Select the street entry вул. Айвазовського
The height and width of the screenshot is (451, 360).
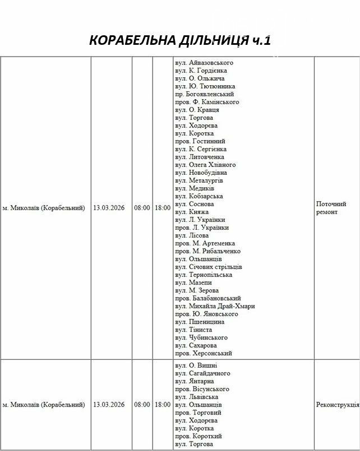(204, 63)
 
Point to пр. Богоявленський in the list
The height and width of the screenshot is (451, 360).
(204, 94)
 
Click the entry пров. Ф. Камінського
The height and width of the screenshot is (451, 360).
(207, 102)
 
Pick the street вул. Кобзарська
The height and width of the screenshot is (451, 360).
(199, 196)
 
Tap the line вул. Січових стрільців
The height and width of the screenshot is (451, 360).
(209, 267)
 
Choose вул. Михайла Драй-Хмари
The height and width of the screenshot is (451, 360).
(215, 306)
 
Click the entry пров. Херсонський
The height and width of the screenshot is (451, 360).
(204, 353)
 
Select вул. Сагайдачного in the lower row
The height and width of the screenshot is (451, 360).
(202, 373)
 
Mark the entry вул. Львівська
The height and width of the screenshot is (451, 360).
(196, 397)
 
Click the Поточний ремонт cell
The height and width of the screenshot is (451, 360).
(331, 208)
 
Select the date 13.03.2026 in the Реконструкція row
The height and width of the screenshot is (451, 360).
(109, 404)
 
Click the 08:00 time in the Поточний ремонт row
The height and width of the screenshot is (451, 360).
(142, 208)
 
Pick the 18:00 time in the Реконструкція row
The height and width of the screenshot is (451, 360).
(163, 404)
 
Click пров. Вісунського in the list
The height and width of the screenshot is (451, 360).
(202, 389)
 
